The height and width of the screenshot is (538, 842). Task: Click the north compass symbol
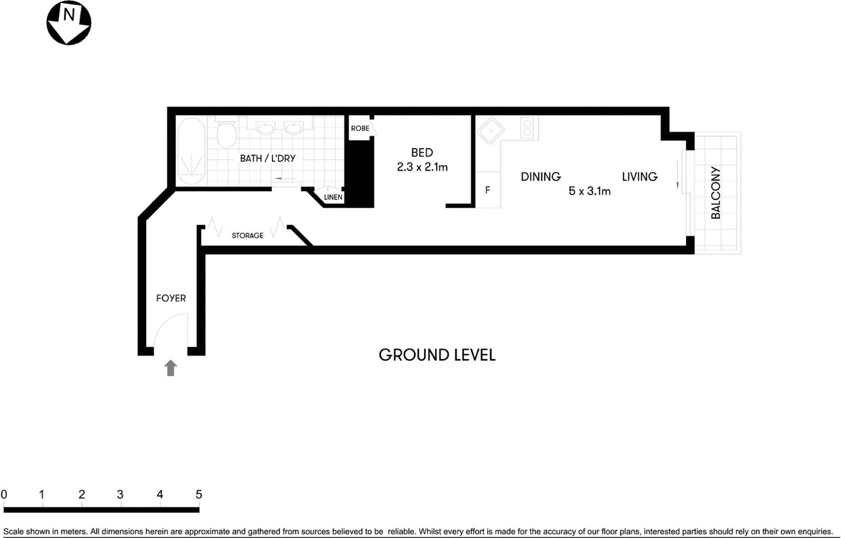pyautogui.click(x=68, y=23)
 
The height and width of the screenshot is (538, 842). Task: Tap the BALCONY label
pyautogui.click(x=716, y=193)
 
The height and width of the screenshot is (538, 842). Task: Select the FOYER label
pyautogui.click(x=171, y=298)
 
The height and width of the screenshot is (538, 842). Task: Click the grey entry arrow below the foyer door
pyautogui.click(x=171, y=368)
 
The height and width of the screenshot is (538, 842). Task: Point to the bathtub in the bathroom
pyautogui.click(x=191, y=151)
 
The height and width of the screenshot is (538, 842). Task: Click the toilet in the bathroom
pyautogui.click(x=225, y=134)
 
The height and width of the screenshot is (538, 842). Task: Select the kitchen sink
pyautogui.click(x=489, y=131)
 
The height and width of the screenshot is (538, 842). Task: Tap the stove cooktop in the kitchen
pyautogui.click(x=528, y=128)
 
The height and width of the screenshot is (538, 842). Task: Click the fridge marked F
pyautogui.click(x=488, y=190)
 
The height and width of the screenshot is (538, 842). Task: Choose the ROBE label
pyautogui.click(x=360, y=128)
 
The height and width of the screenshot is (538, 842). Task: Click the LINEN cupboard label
pyautogui.click(x=333, y=197)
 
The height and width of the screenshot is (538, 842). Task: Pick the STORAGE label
pyautogui.click(x=247, y=236)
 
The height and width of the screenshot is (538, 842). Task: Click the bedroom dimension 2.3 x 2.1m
pyautogui.click(x=422, y=167)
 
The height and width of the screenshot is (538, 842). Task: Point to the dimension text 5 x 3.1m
pyautogui.click(x=589, y=191)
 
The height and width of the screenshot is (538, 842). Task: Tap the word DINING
pyautogui.click(x=540, y=177)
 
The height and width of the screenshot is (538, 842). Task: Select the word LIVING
pyautogui.click(x=639, y=177)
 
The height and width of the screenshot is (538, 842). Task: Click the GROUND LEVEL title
pyautogui.click(x=437, y=355)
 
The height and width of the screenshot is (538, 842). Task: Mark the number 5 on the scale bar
pyautogui.click(x=199, y=495)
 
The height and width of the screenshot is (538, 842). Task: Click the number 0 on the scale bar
pyautogui.click(x=4, y=495)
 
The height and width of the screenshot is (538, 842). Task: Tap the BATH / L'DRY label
pyautogui.click(x=267, y=158)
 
